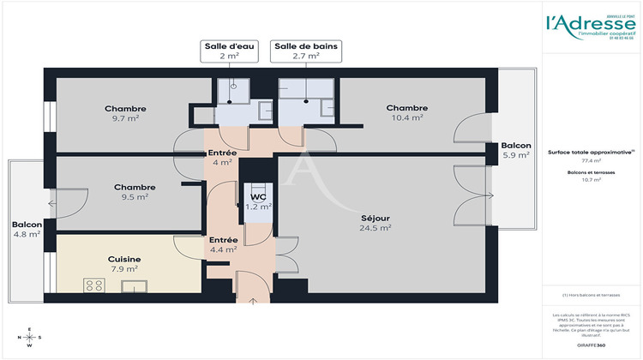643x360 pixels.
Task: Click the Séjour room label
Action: (x=376, y=223)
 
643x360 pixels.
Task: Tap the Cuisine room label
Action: (x=124, y=264)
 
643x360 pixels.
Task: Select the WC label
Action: (x=258, y=201)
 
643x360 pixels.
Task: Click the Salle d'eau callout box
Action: (x=228, y=51)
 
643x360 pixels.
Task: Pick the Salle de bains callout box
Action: (x=296, y=51)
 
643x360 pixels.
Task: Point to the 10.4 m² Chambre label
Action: (x=406, y=112)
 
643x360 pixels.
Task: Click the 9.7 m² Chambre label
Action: (x=125, y=113)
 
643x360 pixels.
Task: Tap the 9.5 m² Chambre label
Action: (x=135, y=191)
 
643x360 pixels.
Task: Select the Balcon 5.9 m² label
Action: (x=516, y=151)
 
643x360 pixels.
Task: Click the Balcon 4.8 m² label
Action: (x=27, y=230)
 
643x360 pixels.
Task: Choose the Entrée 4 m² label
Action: (x=223, y=158)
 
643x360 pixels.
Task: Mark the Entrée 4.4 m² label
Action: (x=224, y=245)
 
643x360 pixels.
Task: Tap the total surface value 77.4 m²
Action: (x=592, y=160)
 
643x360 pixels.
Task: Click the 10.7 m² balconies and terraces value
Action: (x=592, y=181)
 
